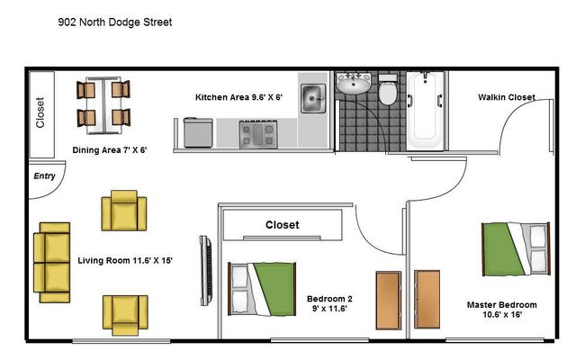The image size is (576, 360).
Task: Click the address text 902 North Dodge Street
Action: (x=115, y=22)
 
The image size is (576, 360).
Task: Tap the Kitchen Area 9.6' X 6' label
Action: (x=238, y=97)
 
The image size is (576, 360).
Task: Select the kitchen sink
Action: (x=313, y=98)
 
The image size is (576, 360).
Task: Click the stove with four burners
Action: (x=258, y=134)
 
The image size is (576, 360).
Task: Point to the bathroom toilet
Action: (x=388, y=89)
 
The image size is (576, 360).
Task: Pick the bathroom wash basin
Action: (x=354, y=84)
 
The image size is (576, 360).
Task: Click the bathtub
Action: (x=425, y=111)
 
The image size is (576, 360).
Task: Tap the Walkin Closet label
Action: (x=507, y=97)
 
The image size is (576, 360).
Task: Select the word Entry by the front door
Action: (x=44, y=176)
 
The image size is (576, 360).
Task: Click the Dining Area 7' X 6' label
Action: (x=110, y=150)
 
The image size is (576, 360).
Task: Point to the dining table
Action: (x=103, y=105)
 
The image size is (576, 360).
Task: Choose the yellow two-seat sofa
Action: (x=52, y=262)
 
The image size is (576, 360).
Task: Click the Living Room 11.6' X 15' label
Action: (x=125, y=261)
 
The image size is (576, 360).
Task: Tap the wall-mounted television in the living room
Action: (x=206, y=271)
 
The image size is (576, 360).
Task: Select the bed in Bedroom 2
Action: (x=262, y=289)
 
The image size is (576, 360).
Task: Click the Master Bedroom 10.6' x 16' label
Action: (x=502, y=310)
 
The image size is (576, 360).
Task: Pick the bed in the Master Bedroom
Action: (x=516, y=249)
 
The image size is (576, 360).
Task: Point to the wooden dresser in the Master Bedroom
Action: (x=427, y=300)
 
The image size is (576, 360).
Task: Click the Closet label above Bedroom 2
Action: (x=282, y=225)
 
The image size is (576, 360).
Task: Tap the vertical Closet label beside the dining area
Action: (x=40, y=112)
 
